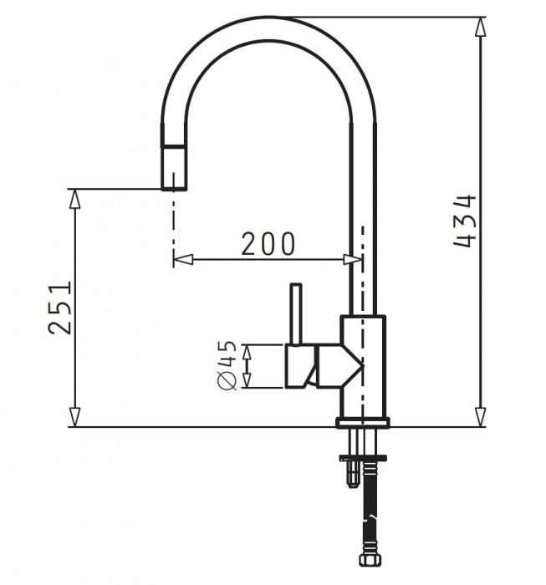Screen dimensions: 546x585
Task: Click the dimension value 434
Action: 465,221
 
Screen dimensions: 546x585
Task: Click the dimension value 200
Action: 268,244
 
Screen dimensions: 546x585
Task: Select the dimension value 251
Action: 59,308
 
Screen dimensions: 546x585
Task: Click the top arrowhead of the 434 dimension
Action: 480,27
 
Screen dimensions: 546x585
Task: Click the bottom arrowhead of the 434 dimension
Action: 480,416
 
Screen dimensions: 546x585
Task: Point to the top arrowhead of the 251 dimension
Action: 75,199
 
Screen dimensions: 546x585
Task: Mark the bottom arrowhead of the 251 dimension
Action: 75,417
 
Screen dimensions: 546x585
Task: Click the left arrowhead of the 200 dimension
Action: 183,260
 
